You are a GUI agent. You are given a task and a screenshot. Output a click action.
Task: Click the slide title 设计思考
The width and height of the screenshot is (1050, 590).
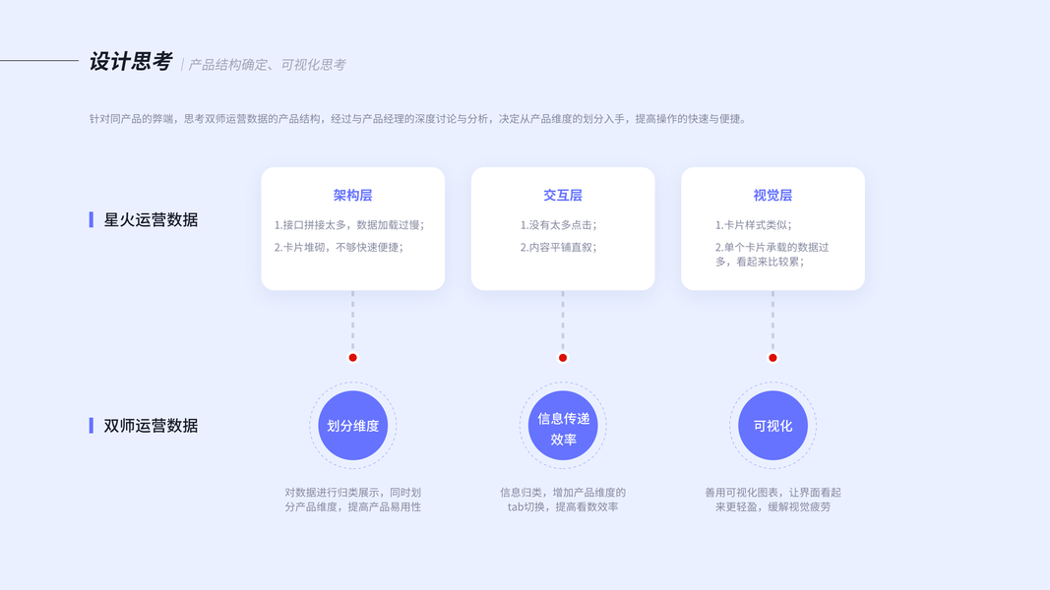point(130,62)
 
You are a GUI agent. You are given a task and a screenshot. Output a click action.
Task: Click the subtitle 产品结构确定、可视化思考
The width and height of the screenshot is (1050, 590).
point(267,65)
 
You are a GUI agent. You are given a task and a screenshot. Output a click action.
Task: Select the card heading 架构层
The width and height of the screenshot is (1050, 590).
point(352,196)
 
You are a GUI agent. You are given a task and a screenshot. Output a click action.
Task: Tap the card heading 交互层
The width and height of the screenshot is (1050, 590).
point(563,196)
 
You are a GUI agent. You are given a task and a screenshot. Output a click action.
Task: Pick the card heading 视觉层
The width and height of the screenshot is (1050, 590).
point(772,196)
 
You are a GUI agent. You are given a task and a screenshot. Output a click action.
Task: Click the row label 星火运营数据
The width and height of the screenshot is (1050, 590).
point(151,220)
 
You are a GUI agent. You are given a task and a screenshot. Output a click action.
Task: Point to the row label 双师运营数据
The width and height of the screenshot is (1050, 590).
point(151,426)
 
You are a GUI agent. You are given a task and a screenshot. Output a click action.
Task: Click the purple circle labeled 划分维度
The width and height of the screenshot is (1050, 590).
point(353,426)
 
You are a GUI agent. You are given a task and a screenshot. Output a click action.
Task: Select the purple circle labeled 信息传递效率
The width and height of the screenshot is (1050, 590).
point(563,426)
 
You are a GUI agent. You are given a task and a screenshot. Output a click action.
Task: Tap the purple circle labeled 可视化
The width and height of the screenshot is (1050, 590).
point(772,426)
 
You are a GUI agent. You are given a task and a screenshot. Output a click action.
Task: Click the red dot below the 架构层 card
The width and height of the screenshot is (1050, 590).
point(353,358)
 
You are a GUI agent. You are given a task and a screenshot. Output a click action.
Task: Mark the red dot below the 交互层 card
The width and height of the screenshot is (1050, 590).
point(563,358)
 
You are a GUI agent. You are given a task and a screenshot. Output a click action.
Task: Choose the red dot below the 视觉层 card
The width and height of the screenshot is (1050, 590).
point(772,358)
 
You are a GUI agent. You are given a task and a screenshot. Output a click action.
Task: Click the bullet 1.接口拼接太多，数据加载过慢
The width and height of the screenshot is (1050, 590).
point(349,225)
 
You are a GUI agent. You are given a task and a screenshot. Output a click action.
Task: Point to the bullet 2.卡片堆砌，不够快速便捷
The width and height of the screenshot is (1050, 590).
point(339,247)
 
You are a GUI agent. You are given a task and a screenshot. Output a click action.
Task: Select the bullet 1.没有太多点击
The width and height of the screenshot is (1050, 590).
point(558,225)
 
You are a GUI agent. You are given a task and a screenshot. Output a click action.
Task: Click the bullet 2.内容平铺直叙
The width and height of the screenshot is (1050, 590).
point(558,247)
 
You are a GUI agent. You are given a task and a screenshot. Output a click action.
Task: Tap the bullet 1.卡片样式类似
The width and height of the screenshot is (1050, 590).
point(753,225)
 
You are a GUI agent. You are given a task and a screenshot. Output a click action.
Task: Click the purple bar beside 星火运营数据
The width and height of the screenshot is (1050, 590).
point(92,220)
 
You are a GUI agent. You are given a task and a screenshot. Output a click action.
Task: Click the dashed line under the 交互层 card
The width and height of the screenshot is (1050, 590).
point(563,320)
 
